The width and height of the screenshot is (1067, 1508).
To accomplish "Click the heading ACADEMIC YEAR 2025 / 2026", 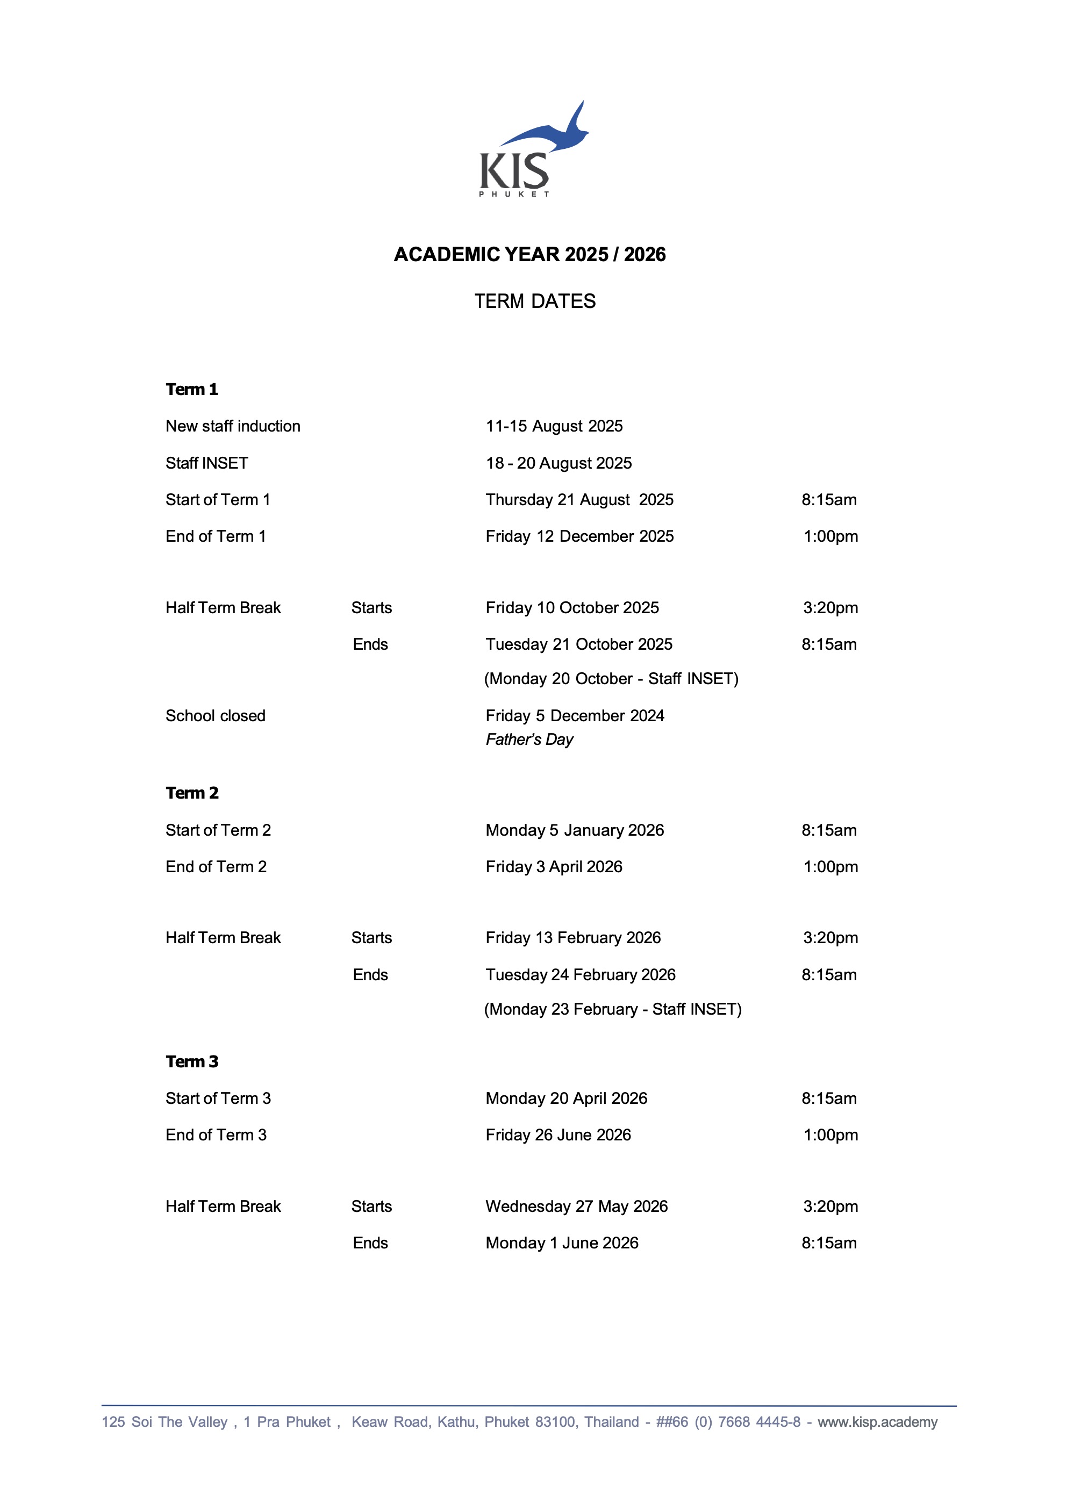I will [x=529, y=254].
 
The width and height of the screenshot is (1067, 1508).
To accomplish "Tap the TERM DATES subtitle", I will [x=535, y=301].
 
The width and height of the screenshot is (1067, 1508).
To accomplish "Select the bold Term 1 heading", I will [x=192, y=390].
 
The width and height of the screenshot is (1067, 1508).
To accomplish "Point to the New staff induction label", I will [x=233, y=426].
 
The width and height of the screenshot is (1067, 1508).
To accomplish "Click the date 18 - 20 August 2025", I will [x=558, y=463].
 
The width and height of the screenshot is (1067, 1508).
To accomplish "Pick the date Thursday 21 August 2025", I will [x=579, y=500].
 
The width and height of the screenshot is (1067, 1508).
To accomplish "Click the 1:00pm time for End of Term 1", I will [x=830, y=536].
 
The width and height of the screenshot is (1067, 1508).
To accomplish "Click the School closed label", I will [x=216, y=716].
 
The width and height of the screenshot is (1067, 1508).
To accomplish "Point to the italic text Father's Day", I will [x=529, y=739].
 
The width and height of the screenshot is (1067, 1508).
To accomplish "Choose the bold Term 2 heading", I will [x=192, y=793].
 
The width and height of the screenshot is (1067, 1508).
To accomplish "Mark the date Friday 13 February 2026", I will [x=573, y=938].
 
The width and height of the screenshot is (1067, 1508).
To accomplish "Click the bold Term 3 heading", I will [x=192, y=1061].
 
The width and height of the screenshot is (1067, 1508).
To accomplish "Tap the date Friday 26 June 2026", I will [x=558, y=1135].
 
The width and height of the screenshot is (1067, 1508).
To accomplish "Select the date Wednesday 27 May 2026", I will [x=576, y=1207].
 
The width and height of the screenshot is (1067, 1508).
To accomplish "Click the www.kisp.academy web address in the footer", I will [x=877, y=1422].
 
